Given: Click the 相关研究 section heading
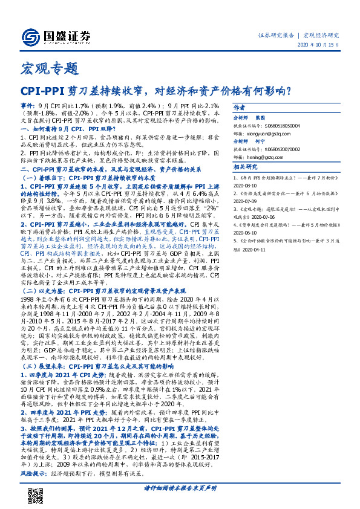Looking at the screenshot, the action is (x=263, y=166).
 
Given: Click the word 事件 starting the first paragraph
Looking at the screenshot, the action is (x=28, y=105).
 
